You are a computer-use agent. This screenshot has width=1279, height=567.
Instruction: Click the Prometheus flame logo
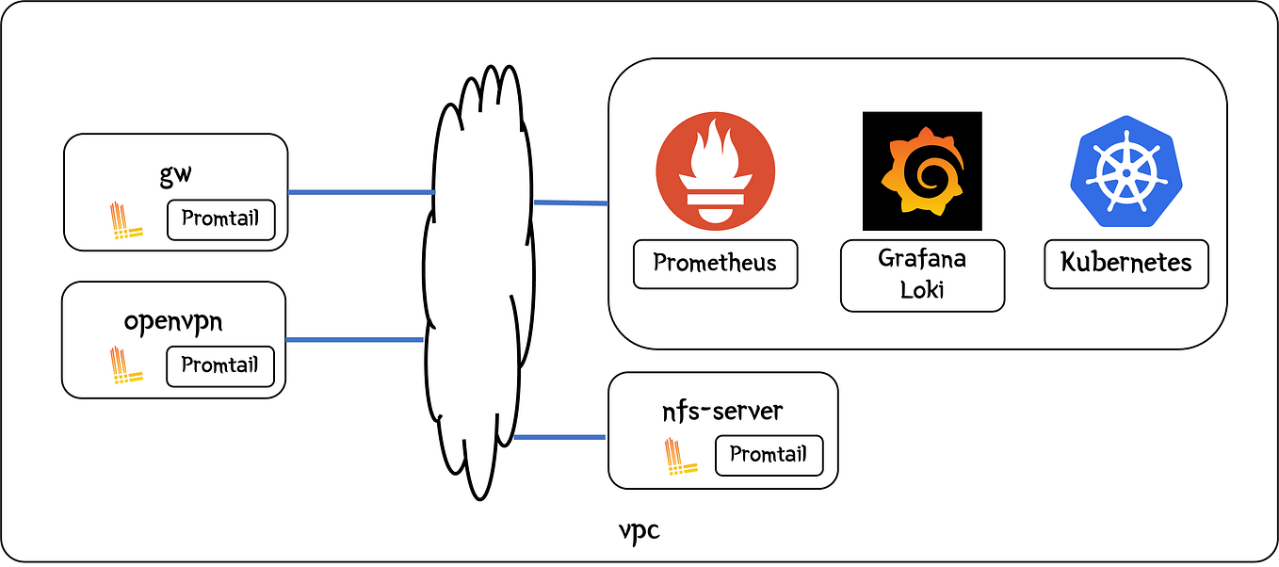tap(716, 170)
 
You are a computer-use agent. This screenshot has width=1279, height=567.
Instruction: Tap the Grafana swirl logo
tap(922, 170)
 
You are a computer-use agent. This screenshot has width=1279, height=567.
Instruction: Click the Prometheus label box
tap(716, 263)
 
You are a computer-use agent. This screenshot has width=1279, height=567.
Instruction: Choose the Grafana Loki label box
tap(922, 274)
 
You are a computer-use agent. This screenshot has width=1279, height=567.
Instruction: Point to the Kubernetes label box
tap(1126, 263)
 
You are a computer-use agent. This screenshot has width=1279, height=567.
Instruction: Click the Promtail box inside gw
tap(220, 219)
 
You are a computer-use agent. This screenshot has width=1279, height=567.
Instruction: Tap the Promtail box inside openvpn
tap(220, 365)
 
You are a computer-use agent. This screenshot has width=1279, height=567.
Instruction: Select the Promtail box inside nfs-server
tap(769, 455)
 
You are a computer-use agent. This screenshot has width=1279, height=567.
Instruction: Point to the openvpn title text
tap(173, 321)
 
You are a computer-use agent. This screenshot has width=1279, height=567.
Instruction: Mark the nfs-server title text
tap(722, 412)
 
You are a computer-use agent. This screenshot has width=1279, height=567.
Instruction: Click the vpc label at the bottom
tap(639, 531)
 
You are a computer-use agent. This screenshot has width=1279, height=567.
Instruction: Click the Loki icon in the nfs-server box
tap(680, 456)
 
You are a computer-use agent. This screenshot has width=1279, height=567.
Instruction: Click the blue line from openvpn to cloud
tap(354, 339)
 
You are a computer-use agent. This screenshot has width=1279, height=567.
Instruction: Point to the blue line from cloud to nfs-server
tap(559, 437)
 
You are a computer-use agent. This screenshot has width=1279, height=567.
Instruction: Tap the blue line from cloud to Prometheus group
tap(571, 202)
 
